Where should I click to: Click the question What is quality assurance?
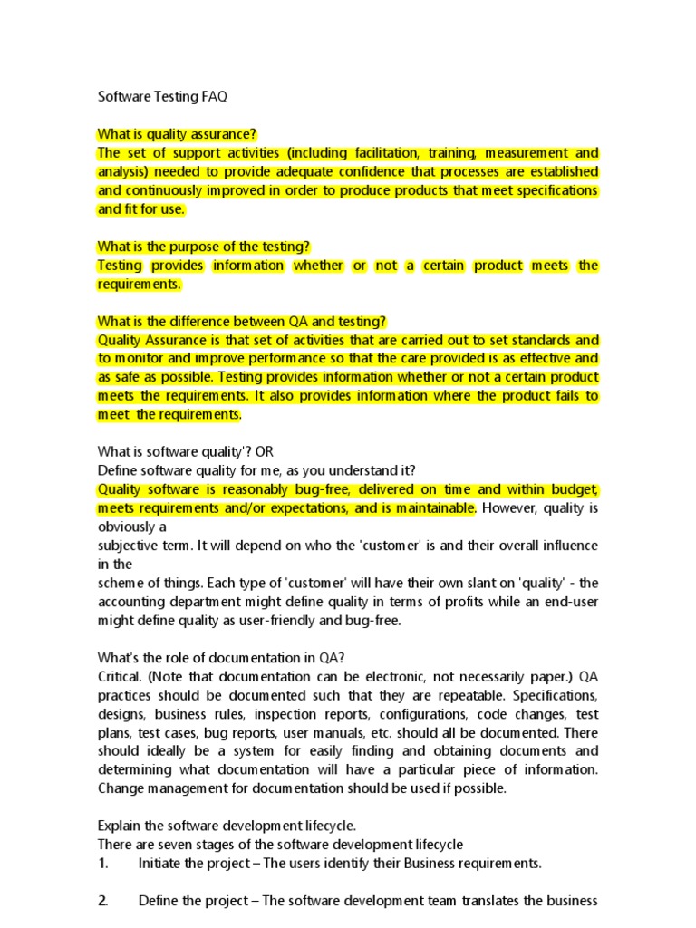[x=178, y=134]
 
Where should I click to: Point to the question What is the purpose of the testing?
[x=204, y=246]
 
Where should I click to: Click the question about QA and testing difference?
[x=241, y=321]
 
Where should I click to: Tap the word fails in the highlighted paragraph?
[x=560, y=396]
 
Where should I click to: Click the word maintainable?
[x=428, y=507]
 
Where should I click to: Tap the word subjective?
[x=129, y=546]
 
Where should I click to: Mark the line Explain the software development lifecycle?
[x=226, y=826]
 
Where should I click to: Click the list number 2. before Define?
[x=103, y=901]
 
